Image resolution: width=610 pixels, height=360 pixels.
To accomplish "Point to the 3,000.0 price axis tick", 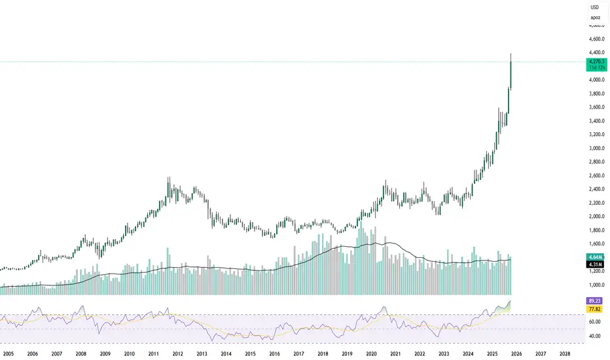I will [x=596, y=148].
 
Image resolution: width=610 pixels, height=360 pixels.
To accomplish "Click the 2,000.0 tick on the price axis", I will [x=596, y=217].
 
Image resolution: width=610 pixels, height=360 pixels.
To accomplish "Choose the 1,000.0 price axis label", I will [x=596, y=285].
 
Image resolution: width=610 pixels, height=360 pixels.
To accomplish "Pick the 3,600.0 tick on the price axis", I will [x=596, y=107].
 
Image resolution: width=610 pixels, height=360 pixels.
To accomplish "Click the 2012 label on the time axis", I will [x=177, y=352].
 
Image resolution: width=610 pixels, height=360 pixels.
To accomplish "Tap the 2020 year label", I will [x=371, y=352].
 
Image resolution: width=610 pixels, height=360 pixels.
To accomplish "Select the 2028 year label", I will [x=565, y=352].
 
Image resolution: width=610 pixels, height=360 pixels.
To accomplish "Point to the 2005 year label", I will [x=9, y=352].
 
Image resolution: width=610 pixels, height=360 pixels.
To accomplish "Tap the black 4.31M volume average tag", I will [x=596, y=266].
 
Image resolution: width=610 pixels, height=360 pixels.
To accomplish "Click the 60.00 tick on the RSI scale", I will [x=596, y=322].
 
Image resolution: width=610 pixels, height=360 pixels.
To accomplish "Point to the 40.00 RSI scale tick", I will [x=596, y=336].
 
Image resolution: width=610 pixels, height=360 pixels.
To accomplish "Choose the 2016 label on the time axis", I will [x=274, y=352].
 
